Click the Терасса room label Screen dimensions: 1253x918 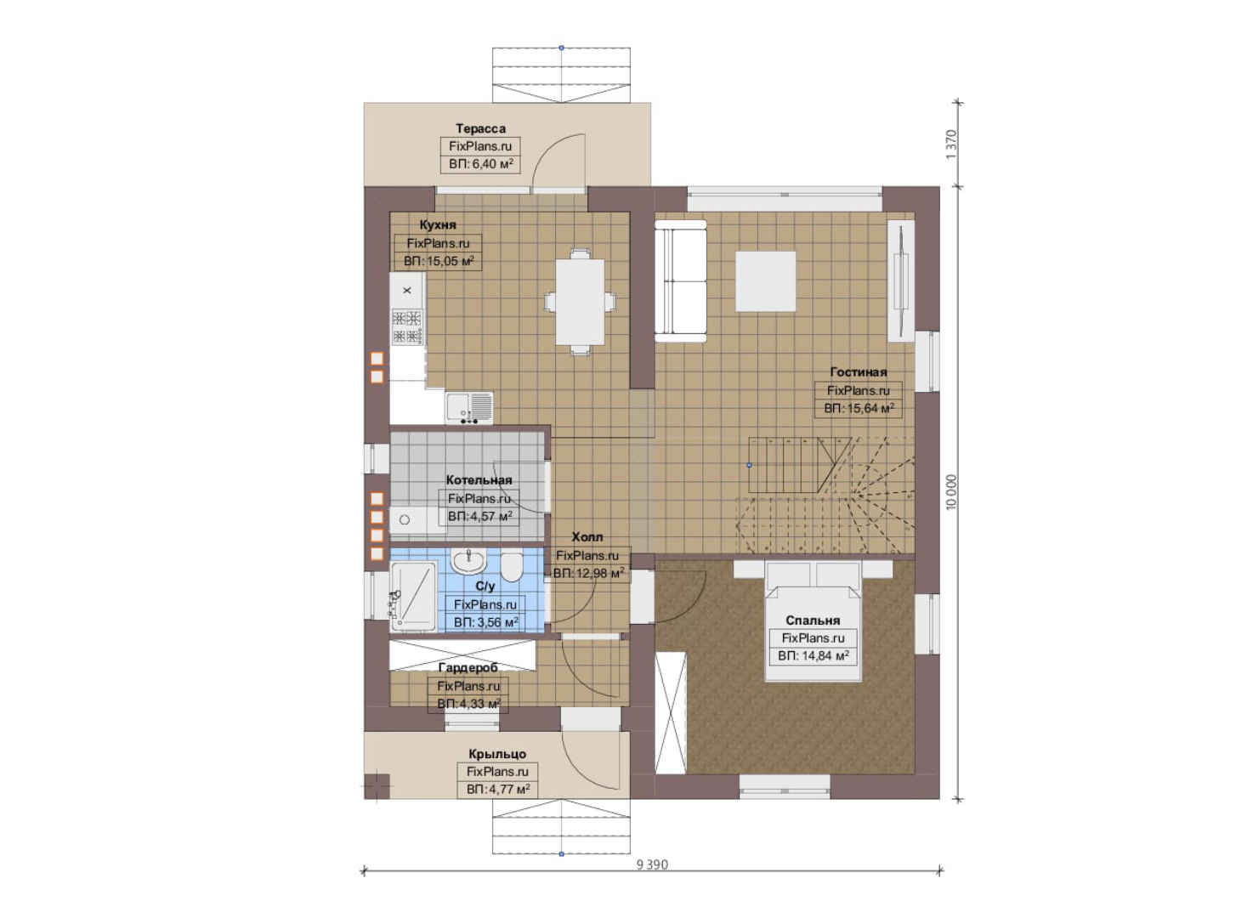(x=480, y=128)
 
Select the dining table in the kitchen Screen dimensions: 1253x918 (x=580, y=302)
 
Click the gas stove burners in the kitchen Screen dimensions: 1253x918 (x=406, y=326)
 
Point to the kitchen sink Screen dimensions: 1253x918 (x=469, y=407)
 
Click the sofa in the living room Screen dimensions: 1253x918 (x=680, y=280)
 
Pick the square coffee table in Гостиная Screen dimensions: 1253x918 (x=765, y=280)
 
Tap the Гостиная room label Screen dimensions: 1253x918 (x=858, y=372)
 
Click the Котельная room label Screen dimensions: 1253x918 (x=479, y=480)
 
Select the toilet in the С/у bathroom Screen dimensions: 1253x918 (x=511, y=567)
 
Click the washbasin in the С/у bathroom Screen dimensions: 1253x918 (x=468, y=560)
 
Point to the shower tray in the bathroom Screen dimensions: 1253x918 (x=414, y=597)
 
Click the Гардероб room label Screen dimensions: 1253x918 (x=468, y=667)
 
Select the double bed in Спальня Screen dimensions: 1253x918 (x=813, y=621)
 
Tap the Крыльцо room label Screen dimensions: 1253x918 (x=497, y=754)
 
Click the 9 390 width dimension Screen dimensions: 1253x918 (x=652, y=864)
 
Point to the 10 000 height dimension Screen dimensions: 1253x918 (x=951, y=492)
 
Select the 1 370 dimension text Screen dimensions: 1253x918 (x=951, y=144)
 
